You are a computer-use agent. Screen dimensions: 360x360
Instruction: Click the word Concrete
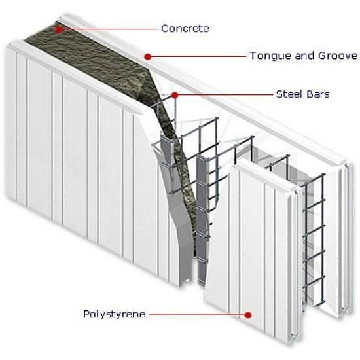click(185, 29)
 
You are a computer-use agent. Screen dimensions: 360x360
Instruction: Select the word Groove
click(338, 56)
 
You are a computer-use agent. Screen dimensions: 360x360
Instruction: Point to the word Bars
click(318, 94)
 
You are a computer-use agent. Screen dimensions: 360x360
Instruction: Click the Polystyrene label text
click(115, 314)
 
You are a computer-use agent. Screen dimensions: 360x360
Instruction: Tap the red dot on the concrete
click(59, 29)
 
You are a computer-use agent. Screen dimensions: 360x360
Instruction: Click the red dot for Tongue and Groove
click(148, 56)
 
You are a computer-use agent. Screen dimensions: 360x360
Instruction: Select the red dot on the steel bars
click(175, 95)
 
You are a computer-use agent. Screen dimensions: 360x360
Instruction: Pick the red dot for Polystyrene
click(248, 315)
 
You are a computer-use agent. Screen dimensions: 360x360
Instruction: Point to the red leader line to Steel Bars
click(226, 94)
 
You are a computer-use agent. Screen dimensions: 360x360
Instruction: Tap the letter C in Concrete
click(165, 29)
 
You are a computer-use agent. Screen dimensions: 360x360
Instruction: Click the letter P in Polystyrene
click(86, 314)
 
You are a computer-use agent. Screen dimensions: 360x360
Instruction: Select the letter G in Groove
click(322, 56)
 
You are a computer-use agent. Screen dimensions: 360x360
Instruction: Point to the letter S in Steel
click(279, 94)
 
